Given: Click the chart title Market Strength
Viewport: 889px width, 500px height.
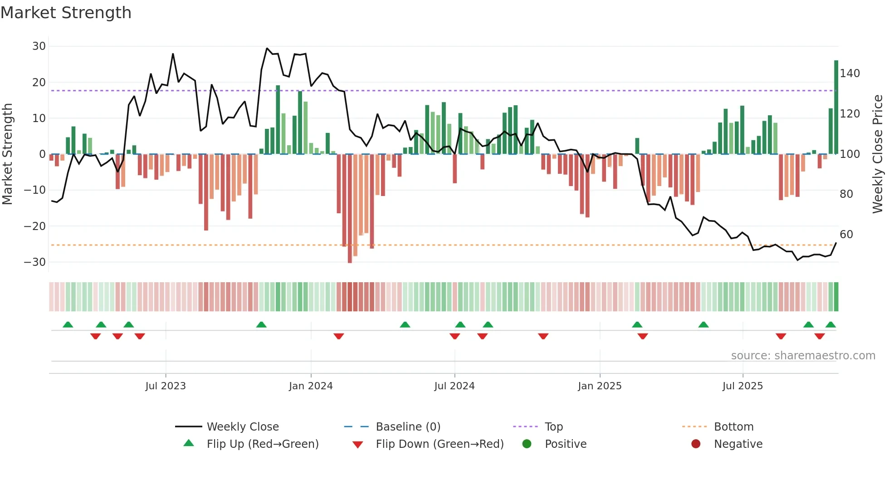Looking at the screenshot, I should [x=66, y=13].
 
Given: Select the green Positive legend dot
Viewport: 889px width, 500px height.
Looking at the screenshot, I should [x=527, y=444].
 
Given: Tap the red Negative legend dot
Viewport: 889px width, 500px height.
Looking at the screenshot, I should [x=696, y=444].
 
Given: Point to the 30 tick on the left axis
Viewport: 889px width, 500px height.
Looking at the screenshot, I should [x=39, y=46].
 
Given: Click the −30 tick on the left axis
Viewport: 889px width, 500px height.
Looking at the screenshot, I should [x=35, y=262].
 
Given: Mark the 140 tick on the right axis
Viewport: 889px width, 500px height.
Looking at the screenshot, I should [x=850, y=73].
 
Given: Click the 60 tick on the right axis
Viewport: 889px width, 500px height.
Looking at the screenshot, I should [x=846, y=234].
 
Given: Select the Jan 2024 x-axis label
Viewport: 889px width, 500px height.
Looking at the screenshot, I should [x=311, y=386].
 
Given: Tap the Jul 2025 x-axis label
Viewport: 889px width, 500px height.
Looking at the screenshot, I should [x=742, y=386].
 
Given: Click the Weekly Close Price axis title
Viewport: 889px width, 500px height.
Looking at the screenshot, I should [x=878, y=154].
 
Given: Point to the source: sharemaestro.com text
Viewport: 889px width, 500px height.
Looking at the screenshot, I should [x=803, y=355].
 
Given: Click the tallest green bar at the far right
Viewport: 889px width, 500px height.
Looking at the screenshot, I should [x=836, y=107].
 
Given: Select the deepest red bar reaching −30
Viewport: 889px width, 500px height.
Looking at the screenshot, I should [x=350, y=209].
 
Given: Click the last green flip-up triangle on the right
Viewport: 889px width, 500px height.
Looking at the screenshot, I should [x=830, y=324].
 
